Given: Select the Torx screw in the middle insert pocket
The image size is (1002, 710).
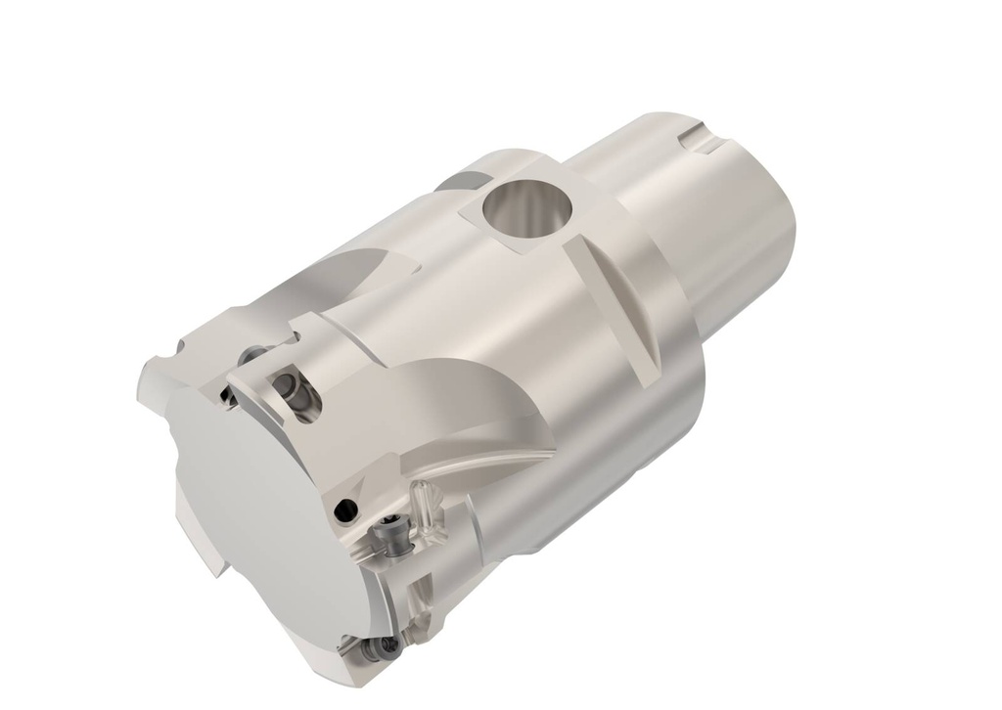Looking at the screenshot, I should pos(395,536).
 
